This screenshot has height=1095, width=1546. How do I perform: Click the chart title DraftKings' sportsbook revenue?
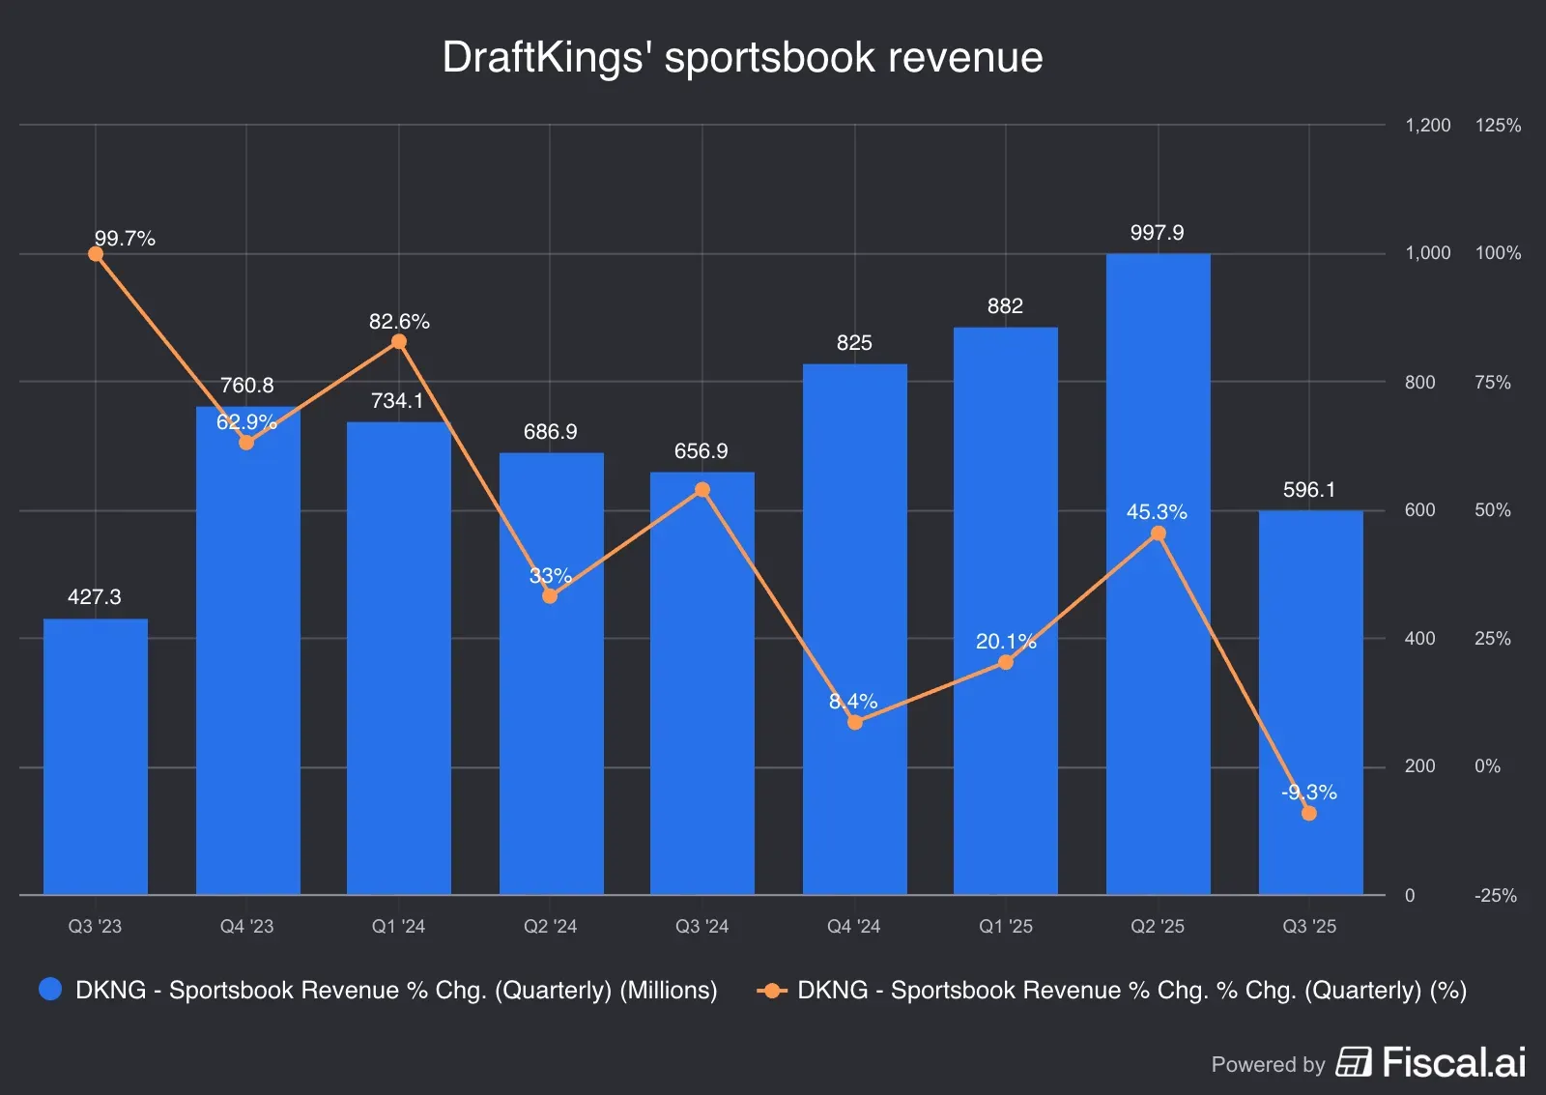pos(742,58)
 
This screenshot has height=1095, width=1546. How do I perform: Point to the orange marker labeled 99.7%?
pos(96,254)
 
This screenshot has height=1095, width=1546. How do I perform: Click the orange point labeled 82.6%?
pos(399,342)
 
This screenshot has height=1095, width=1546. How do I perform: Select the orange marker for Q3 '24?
pos(702,490)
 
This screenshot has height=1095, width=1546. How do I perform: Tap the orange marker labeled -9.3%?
pos(1309,814)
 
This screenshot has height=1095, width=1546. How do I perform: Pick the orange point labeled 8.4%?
pos(854,722)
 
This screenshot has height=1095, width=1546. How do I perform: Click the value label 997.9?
pos(1157,233)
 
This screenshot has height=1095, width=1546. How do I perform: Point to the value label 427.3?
pos(95,597)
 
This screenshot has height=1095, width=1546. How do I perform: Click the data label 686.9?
pos(550,432)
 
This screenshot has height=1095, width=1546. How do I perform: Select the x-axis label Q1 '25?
pos(1006,926)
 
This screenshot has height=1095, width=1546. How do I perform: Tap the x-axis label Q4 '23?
pos(246,926)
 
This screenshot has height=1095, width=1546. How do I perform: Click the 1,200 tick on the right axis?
pos(1427,126)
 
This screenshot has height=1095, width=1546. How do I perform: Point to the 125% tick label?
pos(1498,126)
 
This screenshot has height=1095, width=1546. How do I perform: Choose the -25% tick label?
pos(1495,896)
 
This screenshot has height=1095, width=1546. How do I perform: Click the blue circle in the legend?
pos(50,990)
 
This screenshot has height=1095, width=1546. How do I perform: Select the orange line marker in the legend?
pos(771,991)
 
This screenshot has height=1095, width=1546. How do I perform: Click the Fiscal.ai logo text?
pos(1453,1063)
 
